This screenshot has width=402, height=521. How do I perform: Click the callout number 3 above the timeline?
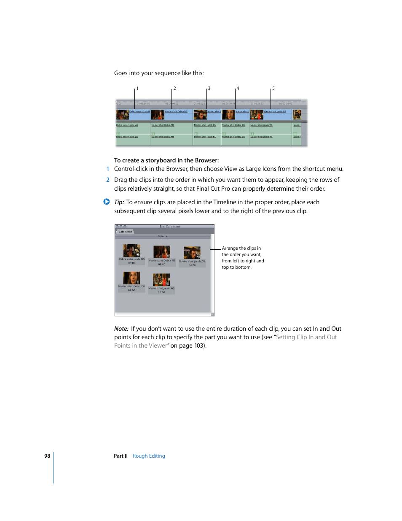point(209,89)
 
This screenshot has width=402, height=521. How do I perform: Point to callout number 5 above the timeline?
point(273,89)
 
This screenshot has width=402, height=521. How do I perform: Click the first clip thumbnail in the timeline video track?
point(122,114)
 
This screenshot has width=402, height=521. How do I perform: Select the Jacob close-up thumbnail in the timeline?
point(200,114)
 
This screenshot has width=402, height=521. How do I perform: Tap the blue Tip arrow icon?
point(107,202)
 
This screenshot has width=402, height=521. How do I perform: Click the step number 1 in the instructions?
point(107,169)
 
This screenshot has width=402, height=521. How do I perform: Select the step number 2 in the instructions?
point(107,180)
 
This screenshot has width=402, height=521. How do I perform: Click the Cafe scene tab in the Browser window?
point(125,232)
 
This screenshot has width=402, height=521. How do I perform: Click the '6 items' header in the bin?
point(163,236)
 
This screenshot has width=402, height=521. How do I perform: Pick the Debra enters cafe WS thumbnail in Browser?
point(131,251)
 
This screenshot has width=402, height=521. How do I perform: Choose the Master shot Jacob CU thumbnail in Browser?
point(192,253)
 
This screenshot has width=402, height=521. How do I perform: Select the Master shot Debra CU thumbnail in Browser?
point(131,278)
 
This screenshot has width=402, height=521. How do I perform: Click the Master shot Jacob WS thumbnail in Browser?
point(161,280)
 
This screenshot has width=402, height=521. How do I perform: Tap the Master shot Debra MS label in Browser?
point(161,261)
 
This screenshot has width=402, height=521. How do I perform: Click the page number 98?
point(47,456)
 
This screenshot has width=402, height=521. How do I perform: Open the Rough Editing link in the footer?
point(149,456)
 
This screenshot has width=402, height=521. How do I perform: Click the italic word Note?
point(121,329)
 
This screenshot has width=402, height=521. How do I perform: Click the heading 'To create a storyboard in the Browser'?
point(166,160)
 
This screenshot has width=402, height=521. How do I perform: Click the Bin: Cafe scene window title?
point(170,227)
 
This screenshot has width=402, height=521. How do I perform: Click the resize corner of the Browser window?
point(212,314)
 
